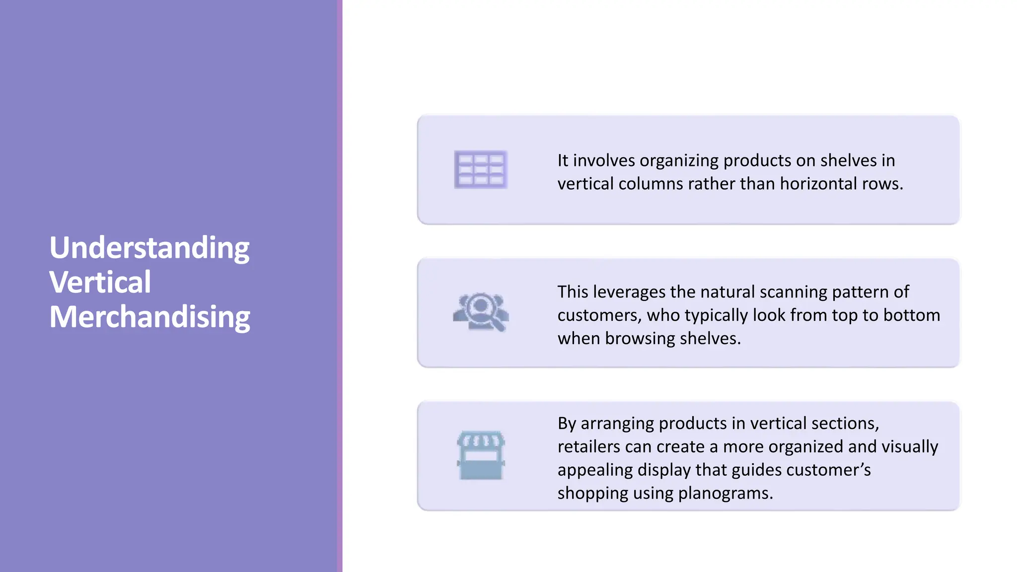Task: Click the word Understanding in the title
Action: pos(149,248)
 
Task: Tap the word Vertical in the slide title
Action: pos(100,282)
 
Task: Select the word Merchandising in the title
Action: pos(149,317)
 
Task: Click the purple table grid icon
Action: pos(481,170)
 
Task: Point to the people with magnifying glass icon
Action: pos(481,312)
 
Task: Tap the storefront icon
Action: pos(481,455)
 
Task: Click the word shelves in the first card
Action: pos(848,160)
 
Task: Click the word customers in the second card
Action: pos(599,315)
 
